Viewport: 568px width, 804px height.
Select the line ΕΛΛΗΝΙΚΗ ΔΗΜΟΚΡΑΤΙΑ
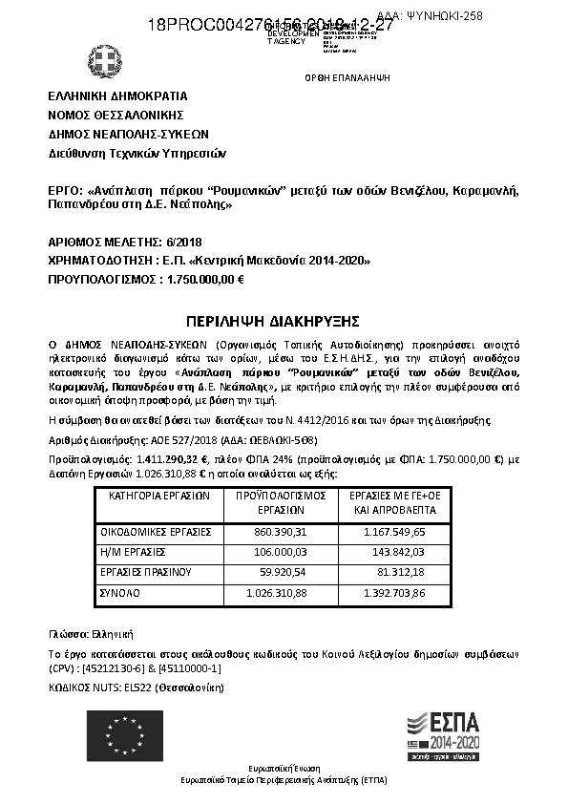[117, 96]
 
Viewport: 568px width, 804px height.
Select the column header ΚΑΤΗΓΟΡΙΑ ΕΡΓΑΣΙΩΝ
[158, 497]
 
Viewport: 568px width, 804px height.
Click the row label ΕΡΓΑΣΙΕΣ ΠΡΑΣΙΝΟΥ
[146, 571]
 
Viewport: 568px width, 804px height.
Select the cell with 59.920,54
[276, 571]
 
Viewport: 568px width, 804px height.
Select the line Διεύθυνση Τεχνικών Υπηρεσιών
[137, 153]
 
